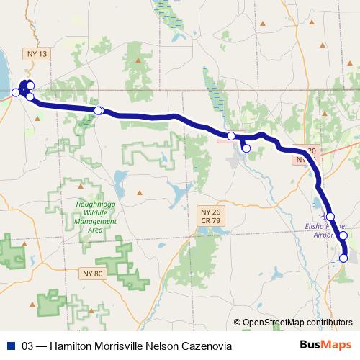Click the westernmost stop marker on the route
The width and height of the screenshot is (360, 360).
(x=15, y=92)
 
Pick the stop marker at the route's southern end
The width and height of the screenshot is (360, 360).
(x=343, y=258)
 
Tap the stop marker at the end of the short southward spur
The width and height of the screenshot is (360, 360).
(x=246, y=148)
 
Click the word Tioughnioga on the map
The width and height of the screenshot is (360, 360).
(x=96, y=205)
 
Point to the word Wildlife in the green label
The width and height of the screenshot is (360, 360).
(x=96, y=213)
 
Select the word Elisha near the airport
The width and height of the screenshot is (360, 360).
(x=318, y=225)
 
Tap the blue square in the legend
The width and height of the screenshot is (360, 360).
(x=11, y=346)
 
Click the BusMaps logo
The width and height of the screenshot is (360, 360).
(x=326, y=346)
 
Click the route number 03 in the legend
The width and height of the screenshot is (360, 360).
(x=28, y=346)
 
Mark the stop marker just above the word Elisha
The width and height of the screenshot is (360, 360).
(x=330, y=216)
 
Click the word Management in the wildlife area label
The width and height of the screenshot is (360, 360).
(x=96, y=221)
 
